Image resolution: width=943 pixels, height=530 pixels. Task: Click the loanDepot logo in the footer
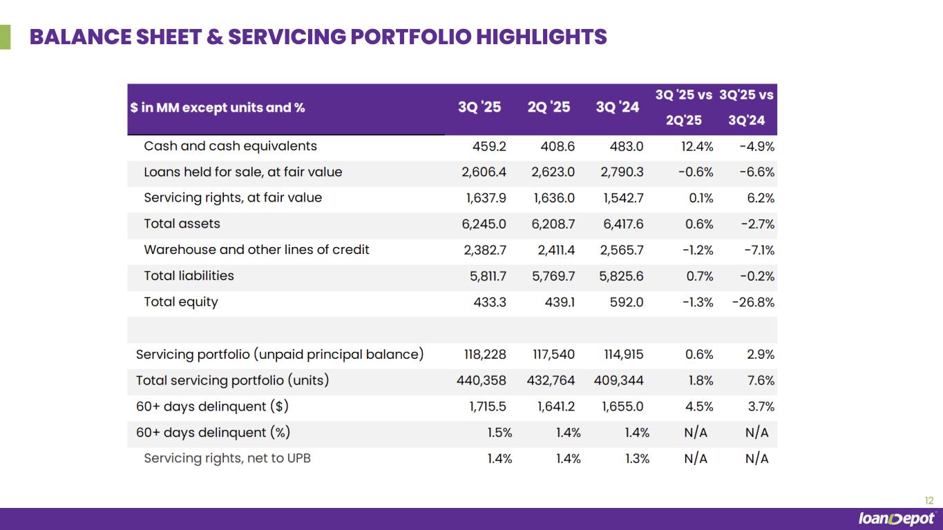point(896,519)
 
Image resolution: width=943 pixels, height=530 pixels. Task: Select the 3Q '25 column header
point(479,108)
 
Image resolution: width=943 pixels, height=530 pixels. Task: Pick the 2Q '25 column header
point(549,108)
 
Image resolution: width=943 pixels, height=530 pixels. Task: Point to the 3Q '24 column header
point(617,108)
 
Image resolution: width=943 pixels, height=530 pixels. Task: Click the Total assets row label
point(182,224)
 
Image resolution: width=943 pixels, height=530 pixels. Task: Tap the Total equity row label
point(180,302)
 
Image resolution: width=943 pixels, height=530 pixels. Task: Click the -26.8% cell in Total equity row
point(753,302)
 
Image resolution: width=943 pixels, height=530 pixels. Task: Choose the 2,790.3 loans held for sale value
point(622,172)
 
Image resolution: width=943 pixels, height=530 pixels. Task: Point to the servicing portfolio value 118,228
point(485,355)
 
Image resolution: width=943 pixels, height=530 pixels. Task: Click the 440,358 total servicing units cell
point(482,381)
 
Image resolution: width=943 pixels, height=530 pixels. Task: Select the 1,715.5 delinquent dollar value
point(488,407)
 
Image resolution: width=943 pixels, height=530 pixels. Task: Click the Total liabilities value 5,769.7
point(556,276)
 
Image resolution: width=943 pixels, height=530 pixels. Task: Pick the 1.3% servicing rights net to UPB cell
point(636,459)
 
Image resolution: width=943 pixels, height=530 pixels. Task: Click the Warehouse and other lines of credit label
point(256,250)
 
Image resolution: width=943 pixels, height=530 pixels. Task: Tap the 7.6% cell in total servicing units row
point(761,381)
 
